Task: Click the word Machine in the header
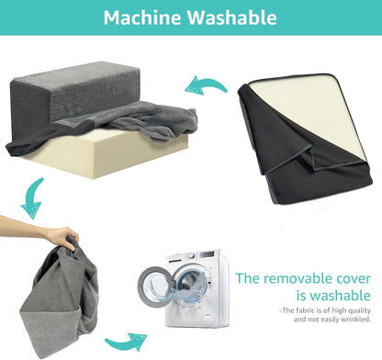[x=142, y=17]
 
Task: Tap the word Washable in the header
[x=232, y=17]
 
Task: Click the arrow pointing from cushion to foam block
[x=206, y=85]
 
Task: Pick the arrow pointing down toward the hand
[x=32, y=197]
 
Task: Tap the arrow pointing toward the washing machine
[x=126, y=341]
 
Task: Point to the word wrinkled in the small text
[x=356, y=320]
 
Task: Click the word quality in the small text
[x=360, y=310]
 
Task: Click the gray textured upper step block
[x=76, y=92]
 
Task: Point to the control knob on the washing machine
[x=191, y=256]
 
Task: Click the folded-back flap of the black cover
[x=294, y=159]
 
